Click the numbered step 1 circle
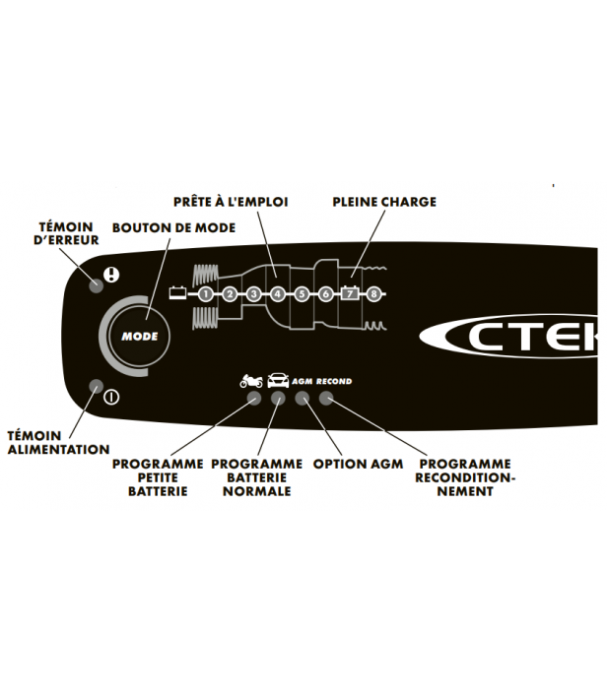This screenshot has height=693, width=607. click(205, 293)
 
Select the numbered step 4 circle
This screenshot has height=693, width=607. click(278, 293)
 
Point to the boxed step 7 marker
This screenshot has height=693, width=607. click(350, 292)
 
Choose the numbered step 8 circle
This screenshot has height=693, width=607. click(374, 293)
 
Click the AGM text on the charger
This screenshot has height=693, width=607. click(303, 382)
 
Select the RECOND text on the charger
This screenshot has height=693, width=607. click(334, 382)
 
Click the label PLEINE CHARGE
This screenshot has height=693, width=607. click(384, 202)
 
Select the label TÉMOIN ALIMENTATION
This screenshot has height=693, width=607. click(58, 442)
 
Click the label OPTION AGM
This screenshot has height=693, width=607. click(357, 464)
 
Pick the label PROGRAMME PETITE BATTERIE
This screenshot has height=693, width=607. click(158, 477)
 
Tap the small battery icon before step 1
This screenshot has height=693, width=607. click(178, 292)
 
